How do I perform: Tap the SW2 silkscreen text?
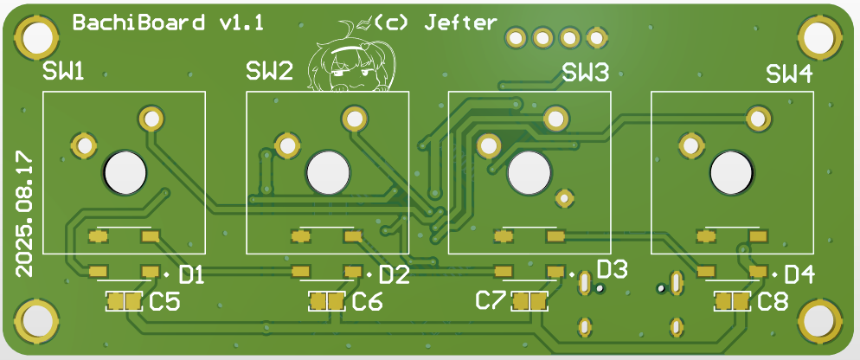pos(269,72)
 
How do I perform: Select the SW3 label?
pos(586,73)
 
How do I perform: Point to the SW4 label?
pos(789,74)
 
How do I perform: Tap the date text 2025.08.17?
pos(24,213)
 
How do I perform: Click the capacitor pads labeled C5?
pos(123,301)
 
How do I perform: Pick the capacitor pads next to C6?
pos(327,301)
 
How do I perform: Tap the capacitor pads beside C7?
pos(529,301)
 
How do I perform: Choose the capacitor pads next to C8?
pos(732,301)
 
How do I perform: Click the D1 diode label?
pos(190,276)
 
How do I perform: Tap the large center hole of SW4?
pos(732,173)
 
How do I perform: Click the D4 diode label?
pos(799,275)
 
